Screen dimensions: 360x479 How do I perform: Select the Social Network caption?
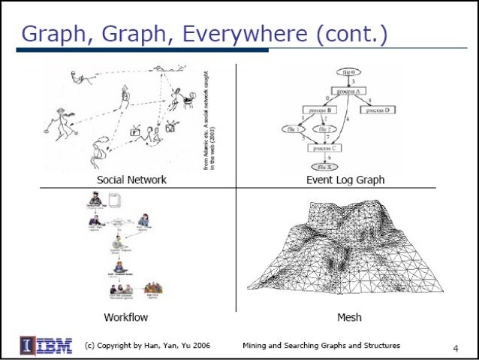pos(131,180)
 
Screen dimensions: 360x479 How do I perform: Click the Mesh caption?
pos(349,317)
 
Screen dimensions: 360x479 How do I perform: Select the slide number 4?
pos(455,348)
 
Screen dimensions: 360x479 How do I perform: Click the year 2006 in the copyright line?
pos(198,346)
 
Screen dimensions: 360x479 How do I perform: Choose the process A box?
pos(347,91)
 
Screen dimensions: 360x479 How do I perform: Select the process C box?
pos(326,149)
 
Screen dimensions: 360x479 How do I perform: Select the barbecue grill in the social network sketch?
pos(180,96)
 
